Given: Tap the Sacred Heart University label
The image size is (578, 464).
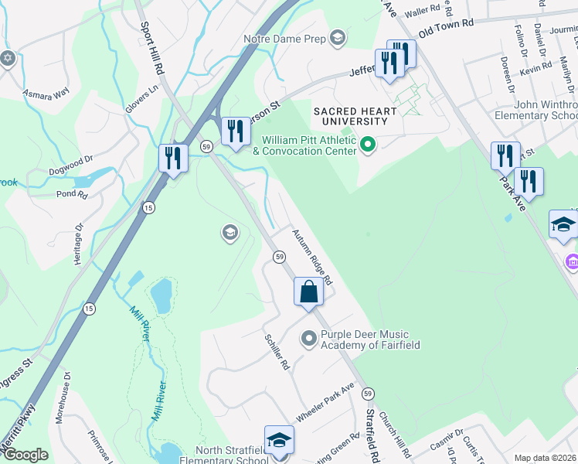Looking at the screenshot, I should tap(350, 116).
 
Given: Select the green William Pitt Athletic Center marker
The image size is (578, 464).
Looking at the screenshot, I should tap(369, 144).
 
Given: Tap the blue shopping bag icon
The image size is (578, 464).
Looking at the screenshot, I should tap(308, 292).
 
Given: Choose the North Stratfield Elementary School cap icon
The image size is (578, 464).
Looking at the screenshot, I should tap(278, 440).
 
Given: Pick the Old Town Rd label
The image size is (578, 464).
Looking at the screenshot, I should tap(446, 28).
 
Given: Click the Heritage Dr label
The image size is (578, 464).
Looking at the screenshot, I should tap(78, 245).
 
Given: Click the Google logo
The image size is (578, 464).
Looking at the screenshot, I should tap(25, 455).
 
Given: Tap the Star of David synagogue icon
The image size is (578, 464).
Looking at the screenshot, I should tap(8, 58).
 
